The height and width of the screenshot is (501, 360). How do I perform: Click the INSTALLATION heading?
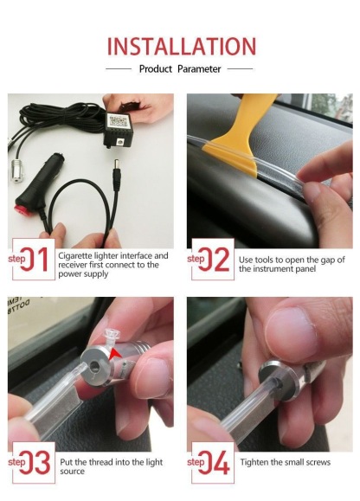click(181, 47)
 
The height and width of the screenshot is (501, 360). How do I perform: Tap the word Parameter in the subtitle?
click(199, 69)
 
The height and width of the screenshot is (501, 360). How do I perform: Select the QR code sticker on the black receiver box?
click(117, 121)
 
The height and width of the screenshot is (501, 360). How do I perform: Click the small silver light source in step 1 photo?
click(17, 170)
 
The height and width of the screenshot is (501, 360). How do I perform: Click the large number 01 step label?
click(34, 259)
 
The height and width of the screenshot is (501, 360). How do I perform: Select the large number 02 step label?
click(214, 259)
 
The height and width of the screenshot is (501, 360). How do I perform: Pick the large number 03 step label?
click(35, 462)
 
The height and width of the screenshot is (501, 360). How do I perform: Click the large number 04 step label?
click(214, 462)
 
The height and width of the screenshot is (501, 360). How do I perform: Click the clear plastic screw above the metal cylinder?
click(112, 338)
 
